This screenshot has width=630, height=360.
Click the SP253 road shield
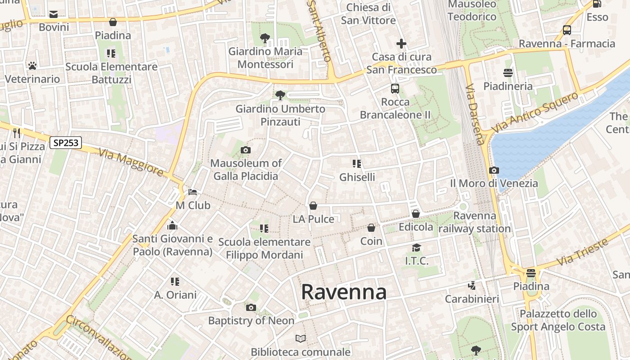(x=66, y=143)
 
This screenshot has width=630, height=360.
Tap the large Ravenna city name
(x=344, y=292)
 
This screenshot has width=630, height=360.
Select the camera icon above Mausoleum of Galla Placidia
(x=246, y=150)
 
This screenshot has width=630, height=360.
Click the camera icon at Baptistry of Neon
(x=251, y=307)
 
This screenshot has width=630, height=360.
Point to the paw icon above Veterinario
(x=32, y=66)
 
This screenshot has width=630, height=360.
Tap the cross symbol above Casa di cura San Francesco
(x=401, y=44)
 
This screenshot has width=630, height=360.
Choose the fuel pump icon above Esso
(x=597, y=4)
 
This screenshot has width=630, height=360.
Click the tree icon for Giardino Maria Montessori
(x=265, y=38)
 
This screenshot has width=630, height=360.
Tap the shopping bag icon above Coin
(x=371, y=228)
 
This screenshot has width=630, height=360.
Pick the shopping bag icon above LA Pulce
(x=313, y=206)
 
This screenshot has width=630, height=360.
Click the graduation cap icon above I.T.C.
(x=417, y=247)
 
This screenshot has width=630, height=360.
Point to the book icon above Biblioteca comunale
(x=301, y=338)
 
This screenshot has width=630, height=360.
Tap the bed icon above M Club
(x=193, y=192)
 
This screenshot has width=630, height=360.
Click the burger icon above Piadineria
(x=508, y=73)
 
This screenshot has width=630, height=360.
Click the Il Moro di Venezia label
(x=494, y=183)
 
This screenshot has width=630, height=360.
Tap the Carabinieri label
(x=472, y=299)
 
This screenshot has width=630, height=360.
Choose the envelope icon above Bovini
(x=54, y=14)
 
